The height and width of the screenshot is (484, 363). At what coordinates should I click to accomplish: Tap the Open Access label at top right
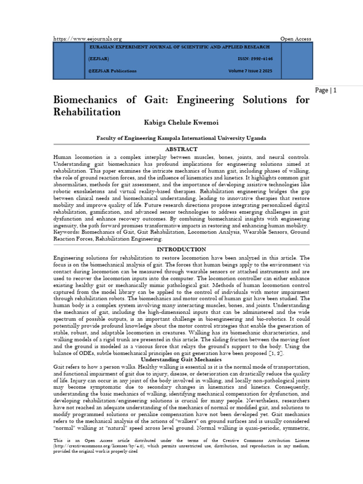click(296, 38)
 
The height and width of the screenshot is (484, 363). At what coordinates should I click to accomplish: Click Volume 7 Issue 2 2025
click(251, 71)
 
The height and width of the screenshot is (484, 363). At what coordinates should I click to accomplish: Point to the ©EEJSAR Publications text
click(112, 71)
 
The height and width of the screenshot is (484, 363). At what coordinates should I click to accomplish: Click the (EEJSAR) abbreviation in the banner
click(98, 59)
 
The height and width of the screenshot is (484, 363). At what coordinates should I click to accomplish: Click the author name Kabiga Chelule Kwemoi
click(181, 123)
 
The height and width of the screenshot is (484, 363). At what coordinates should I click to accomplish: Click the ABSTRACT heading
click(181, 149)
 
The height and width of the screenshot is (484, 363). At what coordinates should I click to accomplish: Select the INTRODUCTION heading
click(181, 249)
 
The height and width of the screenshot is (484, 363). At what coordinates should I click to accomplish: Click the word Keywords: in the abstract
click(66, 232)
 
